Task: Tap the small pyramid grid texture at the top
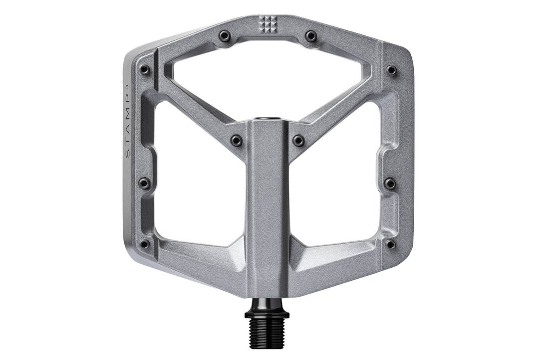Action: [268, 24]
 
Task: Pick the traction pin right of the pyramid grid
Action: [311, 36]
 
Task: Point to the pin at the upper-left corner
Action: [145, 70]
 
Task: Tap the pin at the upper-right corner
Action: [392, 70]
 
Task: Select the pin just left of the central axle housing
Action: [237, 141]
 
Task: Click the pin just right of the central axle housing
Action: [298, 141]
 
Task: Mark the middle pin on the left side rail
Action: [144, 183]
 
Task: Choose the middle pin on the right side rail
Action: [391, 183]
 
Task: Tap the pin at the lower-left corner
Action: [145, 244]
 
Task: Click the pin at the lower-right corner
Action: [391, 244]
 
